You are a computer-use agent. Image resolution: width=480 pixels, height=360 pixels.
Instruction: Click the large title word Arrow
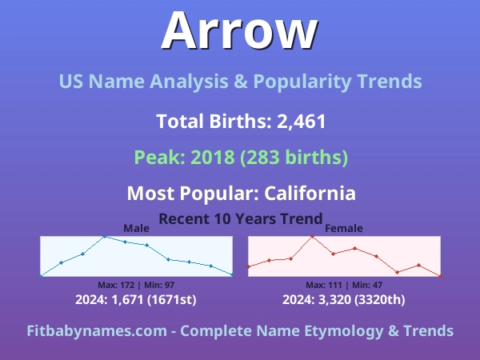tap(240, 30)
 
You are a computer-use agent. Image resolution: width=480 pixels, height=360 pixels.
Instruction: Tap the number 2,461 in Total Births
tap(302, 122)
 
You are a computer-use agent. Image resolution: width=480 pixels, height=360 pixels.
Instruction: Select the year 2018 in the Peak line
tap(213, 157)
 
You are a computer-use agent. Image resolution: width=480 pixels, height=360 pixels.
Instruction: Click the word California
tap(310, 194)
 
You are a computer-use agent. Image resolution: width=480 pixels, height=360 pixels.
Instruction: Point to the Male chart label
tap(136, 228)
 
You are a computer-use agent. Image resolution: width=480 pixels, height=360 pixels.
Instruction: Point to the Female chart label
tap(344, 228)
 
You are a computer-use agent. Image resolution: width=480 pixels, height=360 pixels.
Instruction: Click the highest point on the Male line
tap(104, 236)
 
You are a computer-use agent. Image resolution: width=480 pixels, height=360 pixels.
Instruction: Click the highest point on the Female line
tap(312, 236)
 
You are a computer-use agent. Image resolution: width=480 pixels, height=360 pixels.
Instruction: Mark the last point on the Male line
tap(232, 275)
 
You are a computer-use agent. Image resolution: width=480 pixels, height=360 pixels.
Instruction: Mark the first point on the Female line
tap(249, 266)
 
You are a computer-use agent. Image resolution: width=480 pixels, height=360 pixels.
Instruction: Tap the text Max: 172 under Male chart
tap(116, 285)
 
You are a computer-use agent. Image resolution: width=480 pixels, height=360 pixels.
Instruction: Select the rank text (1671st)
tap(172, 299)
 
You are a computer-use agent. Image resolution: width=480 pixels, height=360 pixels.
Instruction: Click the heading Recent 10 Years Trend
tap(241, 218)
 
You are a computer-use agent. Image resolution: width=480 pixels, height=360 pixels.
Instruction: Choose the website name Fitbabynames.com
tap(97, 331)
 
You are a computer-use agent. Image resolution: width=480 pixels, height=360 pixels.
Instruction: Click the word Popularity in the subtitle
tap(302, 82)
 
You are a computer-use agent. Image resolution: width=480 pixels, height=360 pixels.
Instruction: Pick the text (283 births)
tap(294, 157)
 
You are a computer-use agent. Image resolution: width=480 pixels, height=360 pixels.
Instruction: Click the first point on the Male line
tap(41, 276)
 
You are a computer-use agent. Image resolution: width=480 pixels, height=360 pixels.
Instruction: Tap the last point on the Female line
tap(440, 276)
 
